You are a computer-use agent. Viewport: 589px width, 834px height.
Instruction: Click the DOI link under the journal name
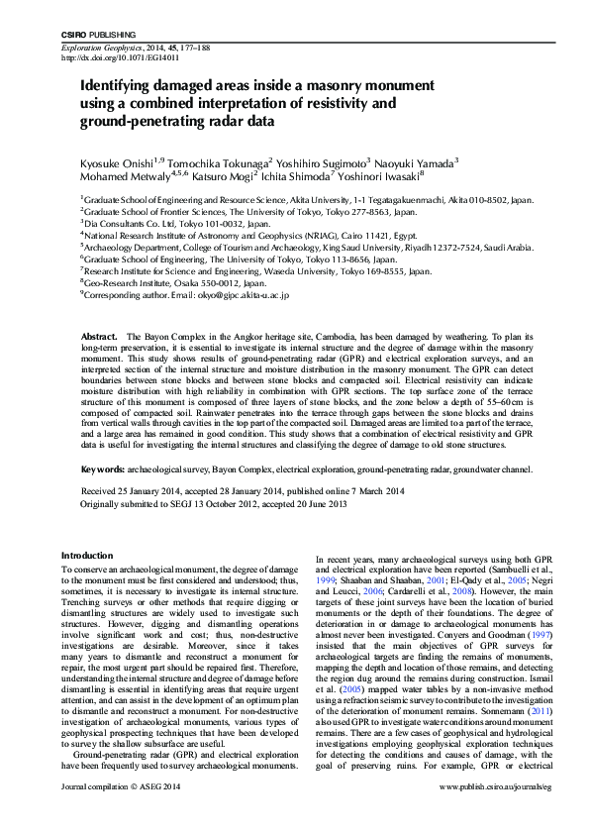[117, 58]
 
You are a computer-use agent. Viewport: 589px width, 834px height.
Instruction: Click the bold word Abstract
[100, 338]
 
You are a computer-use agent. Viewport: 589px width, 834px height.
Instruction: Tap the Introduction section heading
[88, 556]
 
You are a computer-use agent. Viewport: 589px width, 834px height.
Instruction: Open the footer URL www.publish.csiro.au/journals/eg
[484, 813]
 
